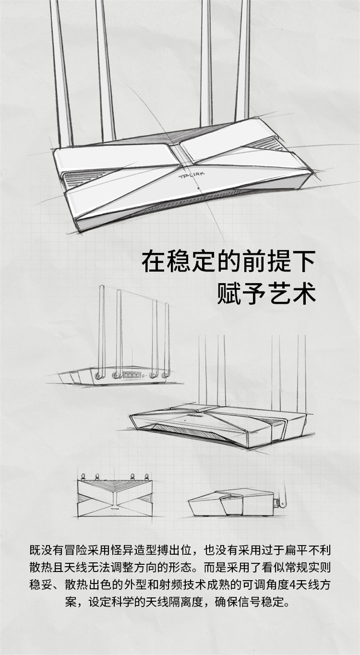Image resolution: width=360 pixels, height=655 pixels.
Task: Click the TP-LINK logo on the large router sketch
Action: [x=192, y=175]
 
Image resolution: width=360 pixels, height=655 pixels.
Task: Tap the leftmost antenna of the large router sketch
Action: [x=61, y=73]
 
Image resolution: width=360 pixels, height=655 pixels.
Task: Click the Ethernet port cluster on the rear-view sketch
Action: [x=132, y=375]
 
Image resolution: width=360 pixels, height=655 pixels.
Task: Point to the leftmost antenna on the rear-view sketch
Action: [x=101, y=330]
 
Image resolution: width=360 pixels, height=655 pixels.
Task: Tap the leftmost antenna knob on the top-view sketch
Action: [x=84, y=476]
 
